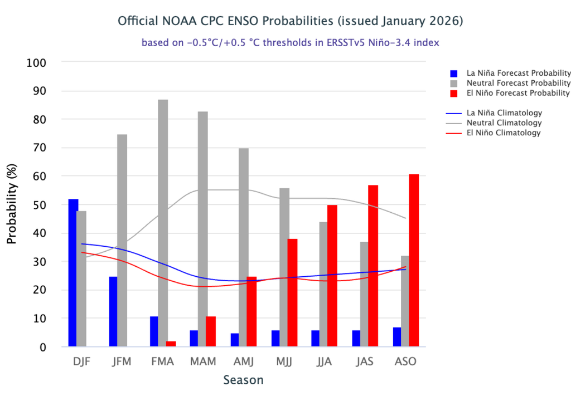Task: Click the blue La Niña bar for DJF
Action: [x=73, y=273]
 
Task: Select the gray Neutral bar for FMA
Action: [x=163, y=223]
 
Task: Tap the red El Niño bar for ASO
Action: [x=414, y=261]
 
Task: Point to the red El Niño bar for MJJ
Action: [x=292, y=293]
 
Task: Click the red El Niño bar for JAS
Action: [x=373, y=266]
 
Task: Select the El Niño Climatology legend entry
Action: [x=504, y=133]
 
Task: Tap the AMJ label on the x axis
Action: [x=244, y=361]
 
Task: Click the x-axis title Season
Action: [x=243, y=380]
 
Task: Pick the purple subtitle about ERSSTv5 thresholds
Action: [x=291, y=43]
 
